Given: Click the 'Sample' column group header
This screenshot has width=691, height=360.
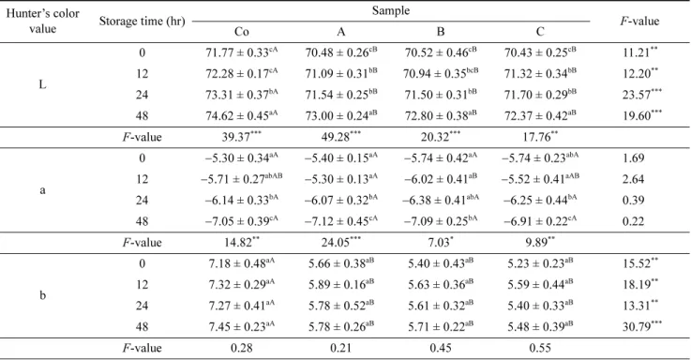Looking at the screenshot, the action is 390,10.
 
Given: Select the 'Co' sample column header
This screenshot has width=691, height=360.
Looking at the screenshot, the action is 242,32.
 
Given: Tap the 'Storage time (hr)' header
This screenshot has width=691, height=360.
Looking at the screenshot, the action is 142,22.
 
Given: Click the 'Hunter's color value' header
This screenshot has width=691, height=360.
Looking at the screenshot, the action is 43,22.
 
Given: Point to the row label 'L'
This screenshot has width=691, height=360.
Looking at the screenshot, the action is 42,84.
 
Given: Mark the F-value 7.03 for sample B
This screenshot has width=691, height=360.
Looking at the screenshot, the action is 441,242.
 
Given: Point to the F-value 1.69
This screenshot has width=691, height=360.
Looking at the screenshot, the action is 633,157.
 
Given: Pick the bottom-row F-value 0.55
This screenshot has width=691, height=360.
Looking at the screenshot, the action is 540,348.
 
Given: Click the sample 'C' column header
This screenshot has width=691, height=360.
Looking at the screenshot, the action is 540,32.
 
